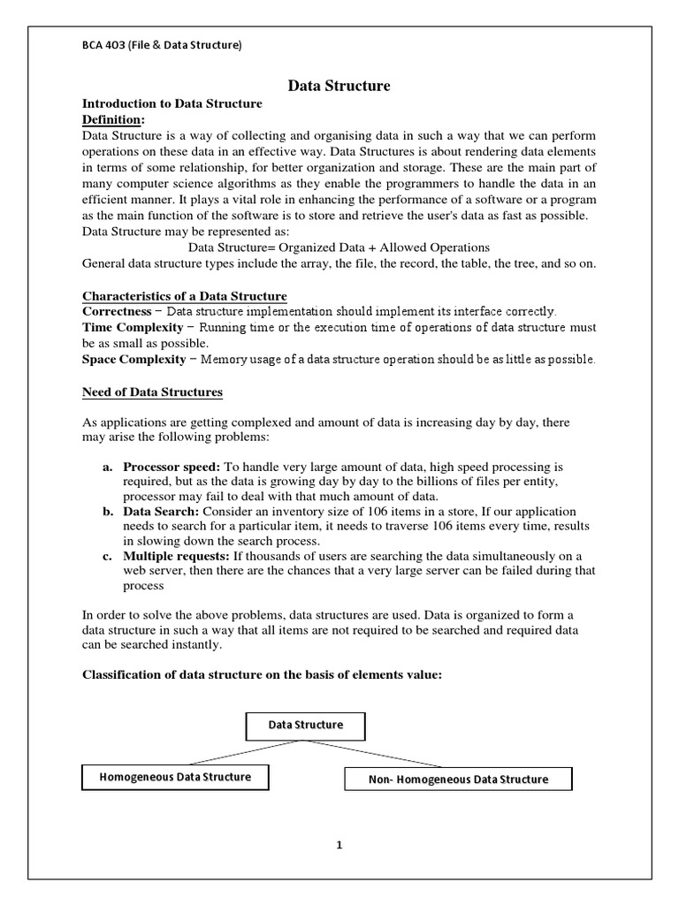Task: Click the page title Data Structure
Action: coord(339,86)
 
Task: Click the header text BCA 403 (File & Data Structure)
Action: coord(162,45)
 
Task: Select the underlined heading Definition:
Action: coord(112,119)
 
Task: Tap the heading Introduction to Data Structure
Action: coord(172,103)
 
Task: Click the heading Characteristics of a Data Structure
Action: coord(184,295)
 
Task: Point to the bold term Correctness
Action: coord(117,311)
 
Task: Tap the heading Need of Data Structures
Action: coord(152,392)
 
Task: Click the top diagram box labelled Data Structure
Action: coord(305,726)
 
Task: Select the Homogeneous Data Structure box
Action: coord(175,777)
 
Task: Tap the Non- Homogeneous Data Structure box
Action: coord(457,779)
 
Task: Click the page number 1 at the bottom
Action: coord(339,845)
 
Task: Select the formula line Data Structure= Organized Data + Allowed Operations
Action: coord(339,247)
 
